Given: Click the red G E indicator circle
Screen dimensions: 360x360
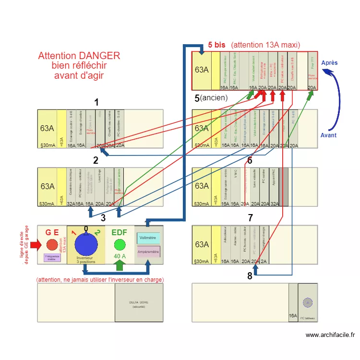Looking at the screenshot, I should [x=52, y=245].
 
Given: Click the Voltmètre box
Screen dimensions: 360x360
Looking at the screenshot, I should [x=148, y=238].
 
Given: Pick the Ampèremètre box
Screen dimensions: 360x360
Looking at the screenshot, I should [x=148, y=251].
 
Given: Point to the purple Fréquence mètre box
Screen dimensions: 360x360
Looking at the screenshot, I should [x=52, y=257].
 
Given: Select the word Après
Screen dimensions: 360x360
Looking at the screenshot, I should [x=329, y=63].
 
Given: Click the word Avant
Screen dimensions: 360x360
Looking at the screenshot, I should [x=328, y=135].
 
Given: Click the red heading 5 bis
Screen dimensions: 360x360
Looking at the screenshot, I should [x=216, y=45].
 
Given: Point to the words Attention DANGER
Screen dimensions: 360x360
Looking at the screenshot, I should [x=79, y=56].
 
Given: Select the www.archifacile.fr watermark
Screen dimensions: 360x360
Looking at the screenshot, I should [x=330, y=335].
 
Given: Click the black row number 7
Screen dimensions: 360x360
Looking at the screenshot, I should [x=250, y=218].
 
